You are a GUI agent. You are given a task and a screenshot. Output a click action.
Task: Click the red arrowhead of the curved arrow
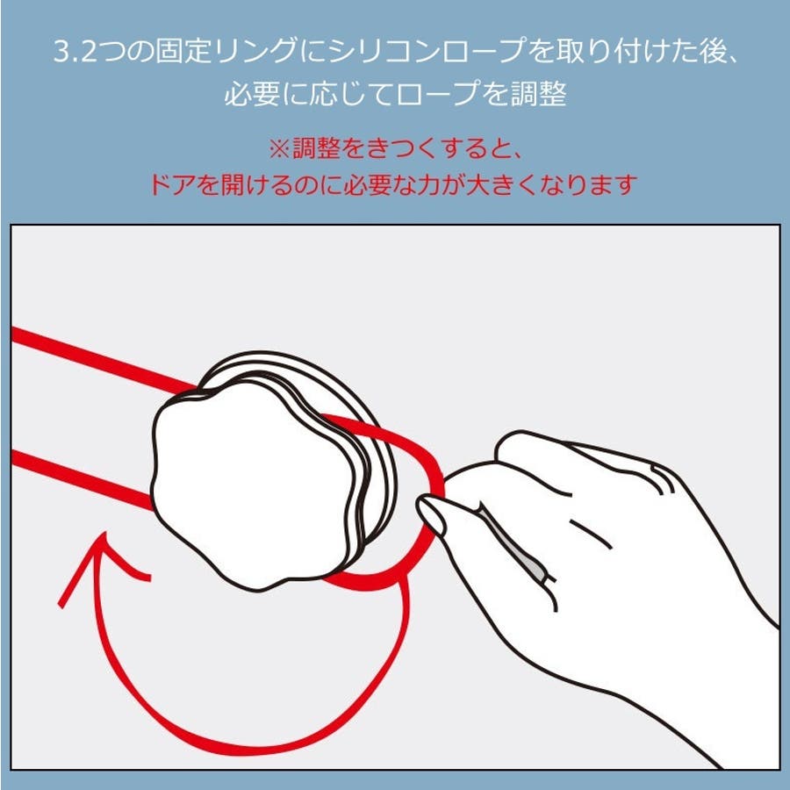coord(104,560)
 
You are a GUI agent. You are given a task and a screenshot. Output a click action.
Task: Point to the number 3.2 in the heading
coord(75,52)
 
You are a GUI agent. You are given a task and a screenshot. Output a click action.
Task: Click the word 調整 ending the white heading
coord(539,94)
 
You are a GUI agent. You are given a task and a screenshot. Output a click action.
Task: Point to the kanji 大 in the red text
coord(478,185)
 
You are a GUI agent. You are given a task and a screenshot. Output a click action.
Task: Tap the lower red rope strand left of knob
coord(82,479)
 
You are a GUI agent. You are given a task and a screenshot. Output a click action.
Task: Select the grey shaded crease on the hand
coord(511,542)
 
